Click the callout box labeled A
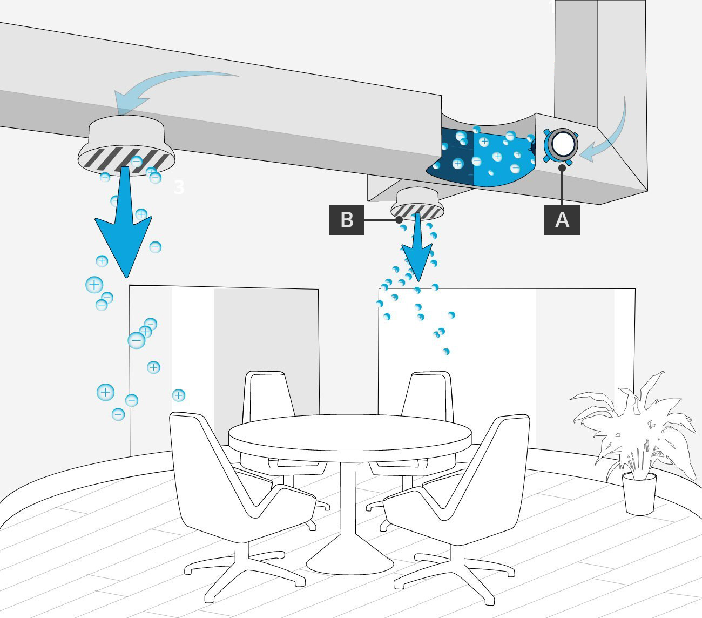562,220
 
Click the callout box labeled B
347,220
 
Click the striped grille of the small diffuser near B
417,211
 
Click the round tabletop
350,433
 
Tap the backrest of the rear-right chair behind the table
430,395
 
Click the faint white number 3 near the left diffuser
179,187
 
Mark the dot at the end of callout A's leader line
562,168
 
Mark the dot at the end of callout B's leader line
399,220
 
